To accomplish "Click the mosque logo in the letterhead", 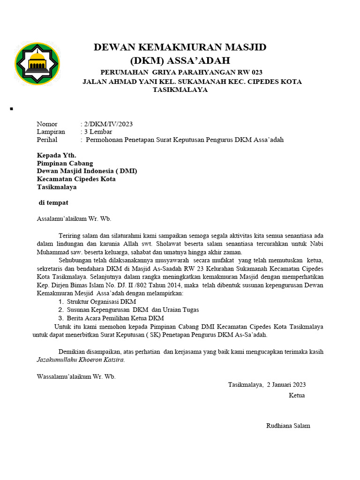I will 37,64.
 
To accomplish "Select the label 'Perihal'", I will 47,140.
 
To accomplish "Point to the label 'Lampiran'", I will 51,132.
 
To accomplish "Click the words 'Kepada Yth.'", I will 56,156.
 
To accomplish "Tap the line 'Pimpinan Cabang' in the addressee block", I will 65,164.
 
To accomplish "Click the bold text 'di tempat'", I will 53,202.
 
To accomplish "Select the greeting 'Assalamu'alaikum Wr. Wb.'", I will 74,218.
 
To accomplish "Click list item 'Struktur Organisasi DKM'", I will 101,302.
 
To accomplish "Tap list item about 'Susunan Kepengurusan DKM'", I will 133,310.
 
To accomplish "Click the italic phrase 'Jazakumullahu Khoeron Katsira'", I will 81,360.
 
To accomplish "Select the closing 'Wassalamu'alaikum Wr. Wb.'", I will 76,376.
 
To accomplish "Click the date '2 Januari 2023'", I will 286,385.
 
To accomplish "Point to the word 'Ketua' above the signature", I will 297,396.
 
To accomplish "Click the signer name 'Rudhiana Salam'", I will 288,426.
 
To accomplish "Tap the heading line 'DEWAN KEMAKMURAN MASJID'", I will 180,47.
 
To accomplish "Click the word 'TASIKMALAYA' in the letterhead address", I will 180,90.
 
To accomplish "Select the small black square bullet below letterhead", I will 10,109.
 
